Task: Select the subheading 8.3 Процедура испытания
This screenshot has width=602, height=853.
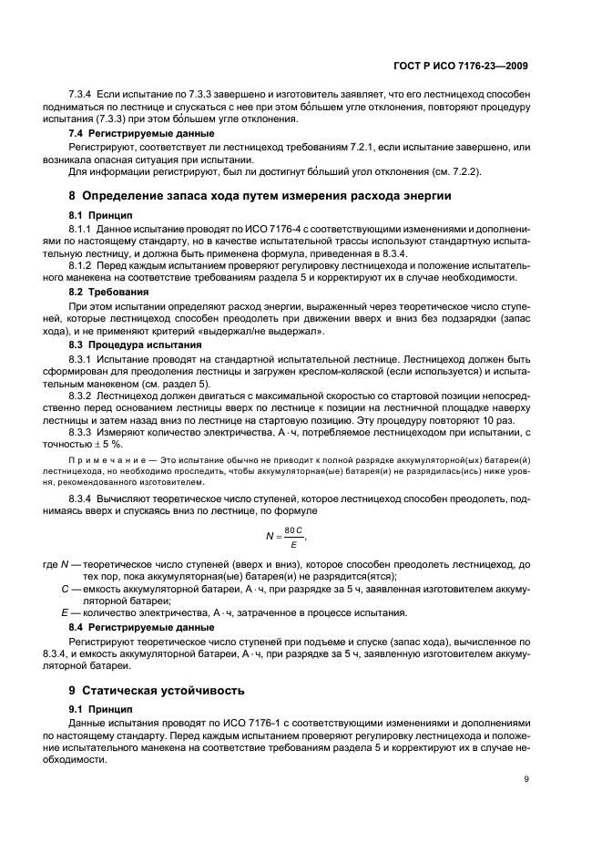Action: click(x=129, y=345)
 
